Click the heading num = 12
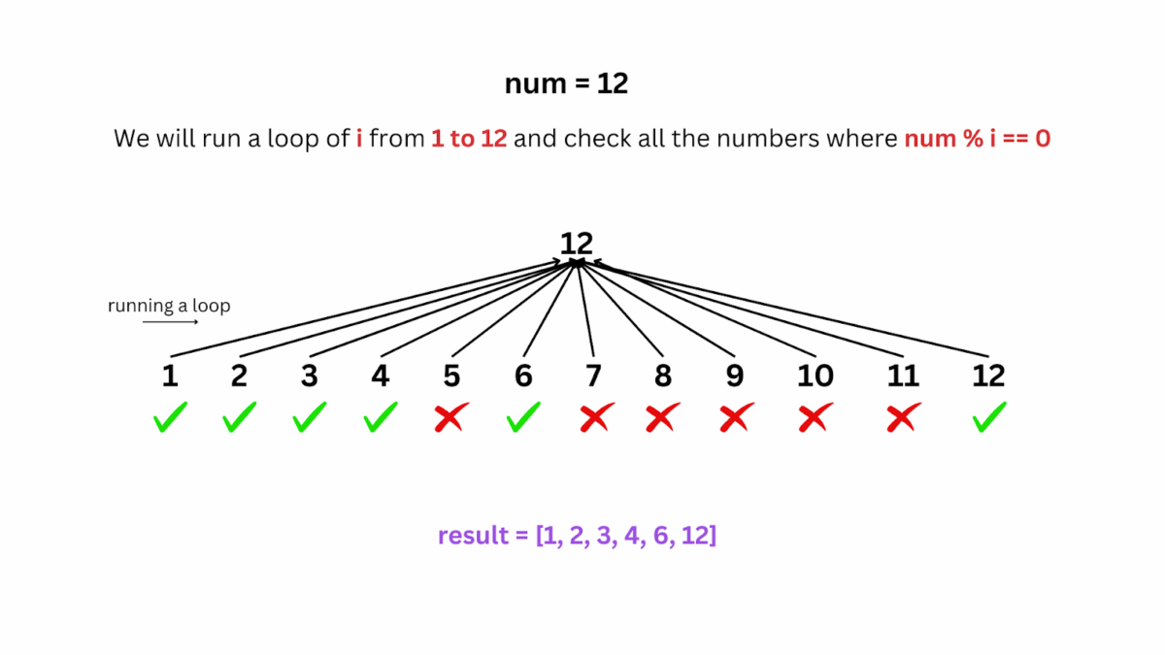tap(566, 83)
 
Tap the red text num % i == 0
tap(977, 139)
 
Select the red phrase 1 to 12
tap(469, 139)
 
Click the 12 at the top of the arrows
tap(576, 243)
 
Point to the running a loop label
tap(169, 306)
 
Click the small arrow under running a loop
tap(170, 321)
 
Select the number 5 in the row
tap(450, 376)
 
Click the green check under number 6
tap(523, 418)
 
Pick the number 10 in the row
tap(815, 376)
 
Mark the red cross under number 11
tap(903, 418)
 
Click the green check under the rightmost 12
tap(988, 418)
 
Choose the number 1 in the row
tap(170, 376)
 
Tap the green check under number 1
tap(170, 419)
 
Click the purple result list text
tap(577, 535)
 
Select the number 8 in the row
tap(663, 376)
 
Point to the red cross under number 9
tap(736, 418)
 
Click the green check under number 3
tap(310, 418)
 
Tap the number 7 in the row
tap(593, 376)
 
